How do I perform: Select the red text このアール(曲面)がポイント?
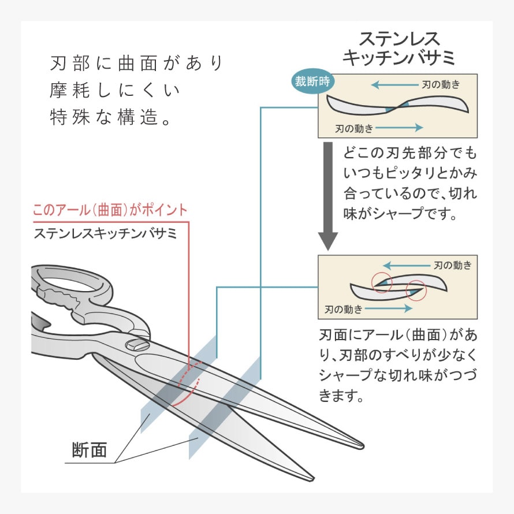pyautogui.click(x=110, y=210)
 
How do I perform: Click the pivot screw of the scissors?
pyautogui.click(x=139, y=345)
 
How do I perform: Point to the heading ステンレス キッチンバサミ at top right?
pyautogui.click(x=399, y=49)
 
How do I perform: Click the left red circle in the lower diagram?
pyautogui.click(x=381, y=282)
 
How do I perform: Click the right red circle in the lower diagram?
pyautogui.click(x=416, y=290)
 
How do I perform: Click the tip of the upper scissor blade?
pyautogui.click(x=361, y=445)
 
